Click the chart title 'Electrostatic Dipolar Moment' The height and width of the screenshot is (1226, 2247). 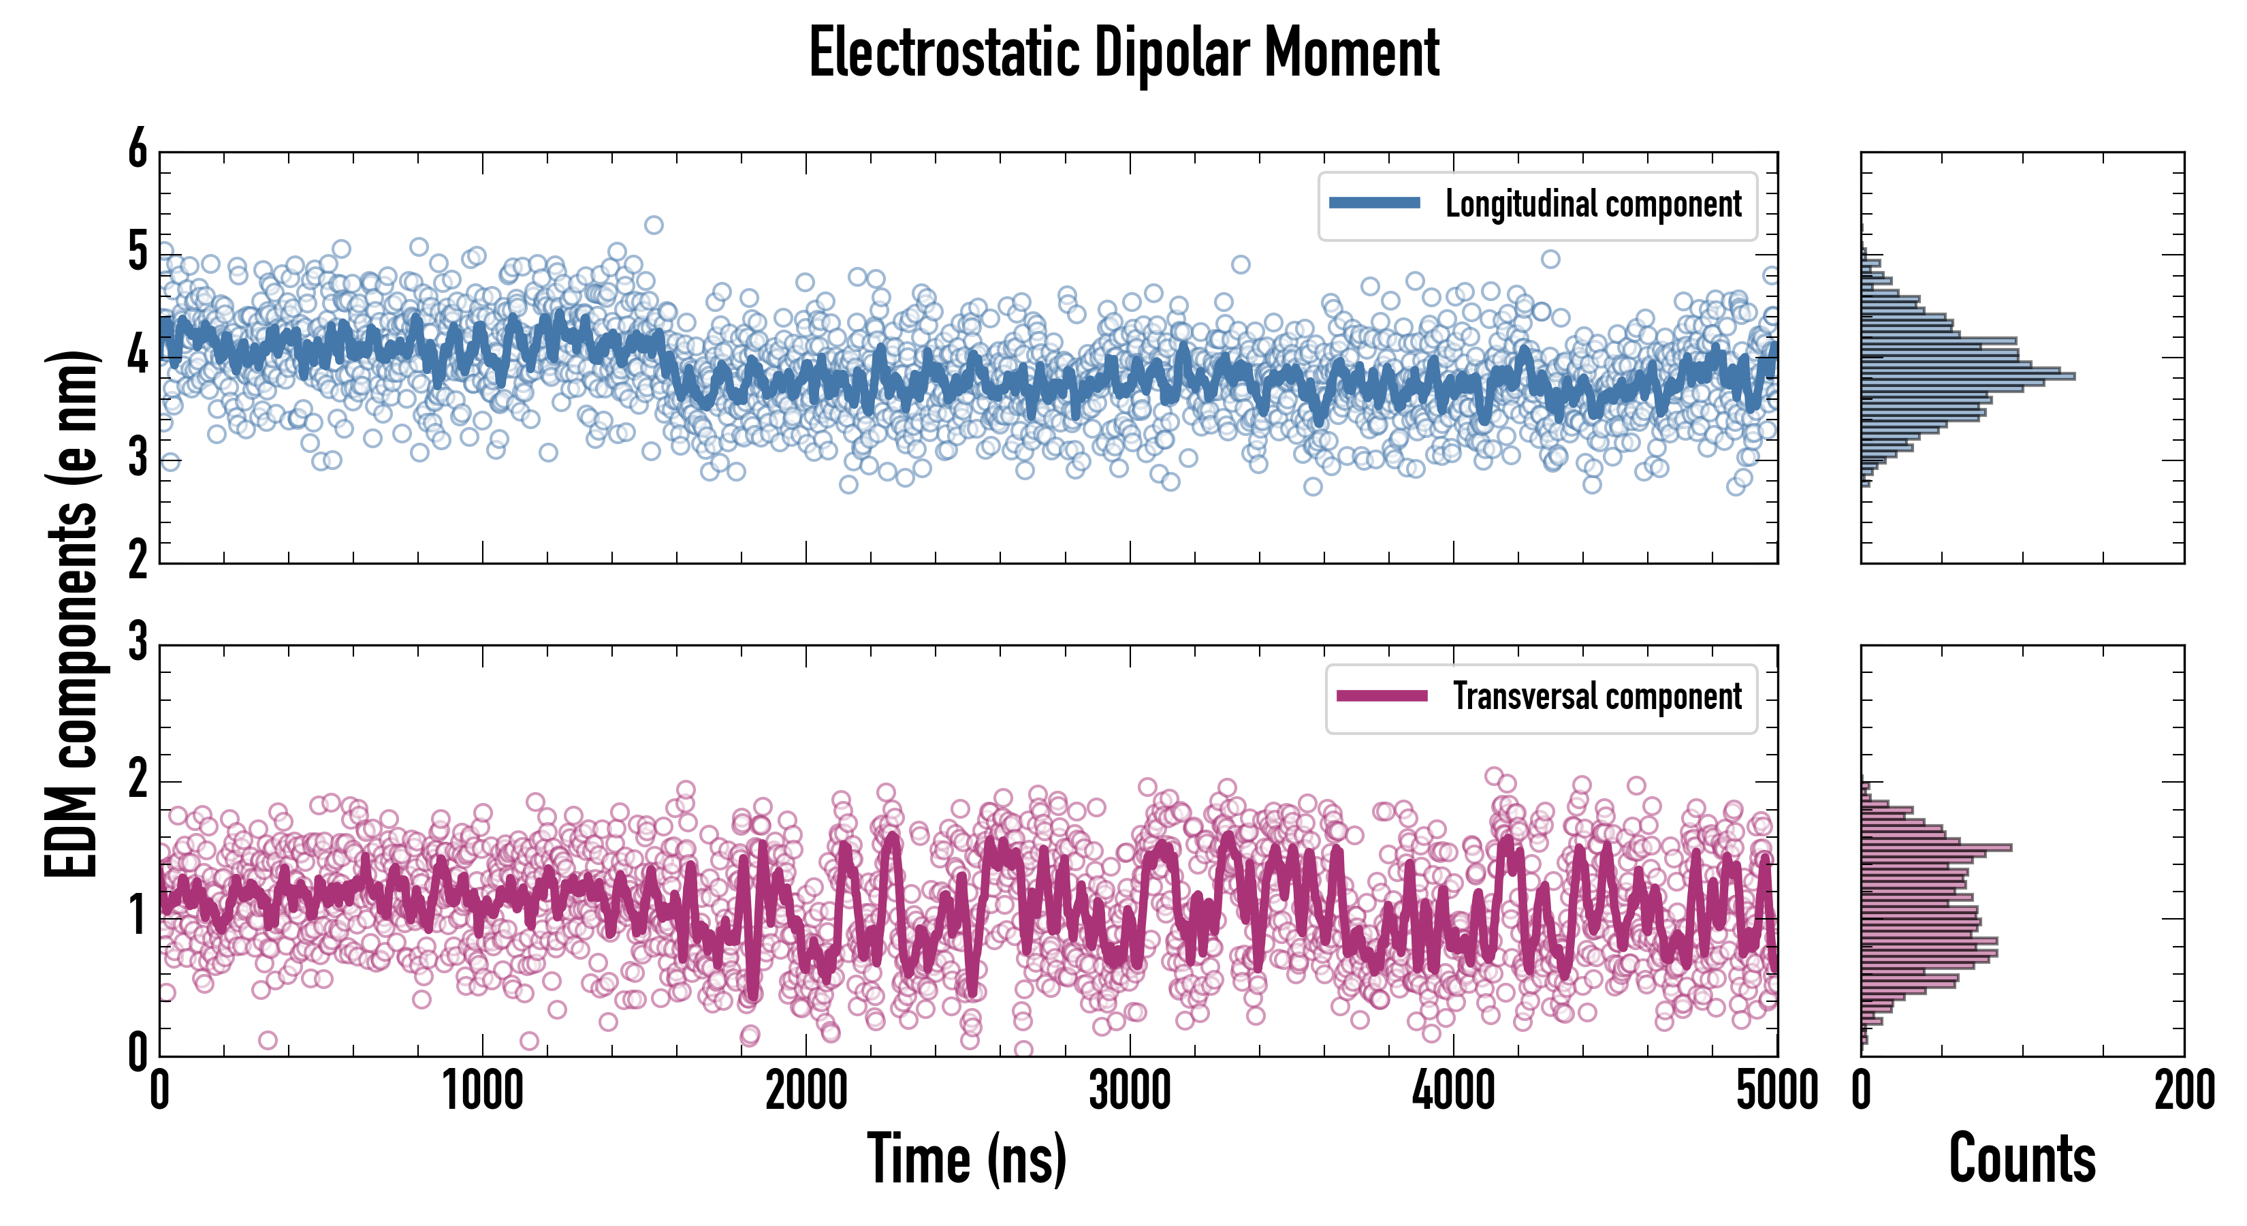1123,54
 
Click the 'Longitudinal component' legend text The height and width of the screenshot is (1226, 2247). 1593,204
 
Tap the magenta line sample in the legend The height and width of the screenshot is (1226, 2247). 1382,695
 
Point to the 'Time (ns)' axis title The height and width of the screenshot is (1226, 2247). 966,1158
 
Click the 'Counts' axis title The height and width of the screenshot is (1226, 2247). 2022,1158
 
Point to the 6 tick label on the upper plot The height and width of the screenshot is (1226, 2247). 138,150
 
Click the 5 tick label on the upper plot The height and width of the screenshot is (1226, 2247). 138,253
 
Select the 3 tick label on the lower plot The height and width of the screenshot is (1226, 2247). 138,643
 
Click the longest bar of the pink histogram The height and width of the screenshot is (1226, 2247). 1937,847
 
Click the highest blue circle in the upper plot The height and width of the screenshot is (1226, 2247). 654,225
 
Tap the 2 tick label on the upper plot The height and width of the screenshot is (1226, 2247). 138,561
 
